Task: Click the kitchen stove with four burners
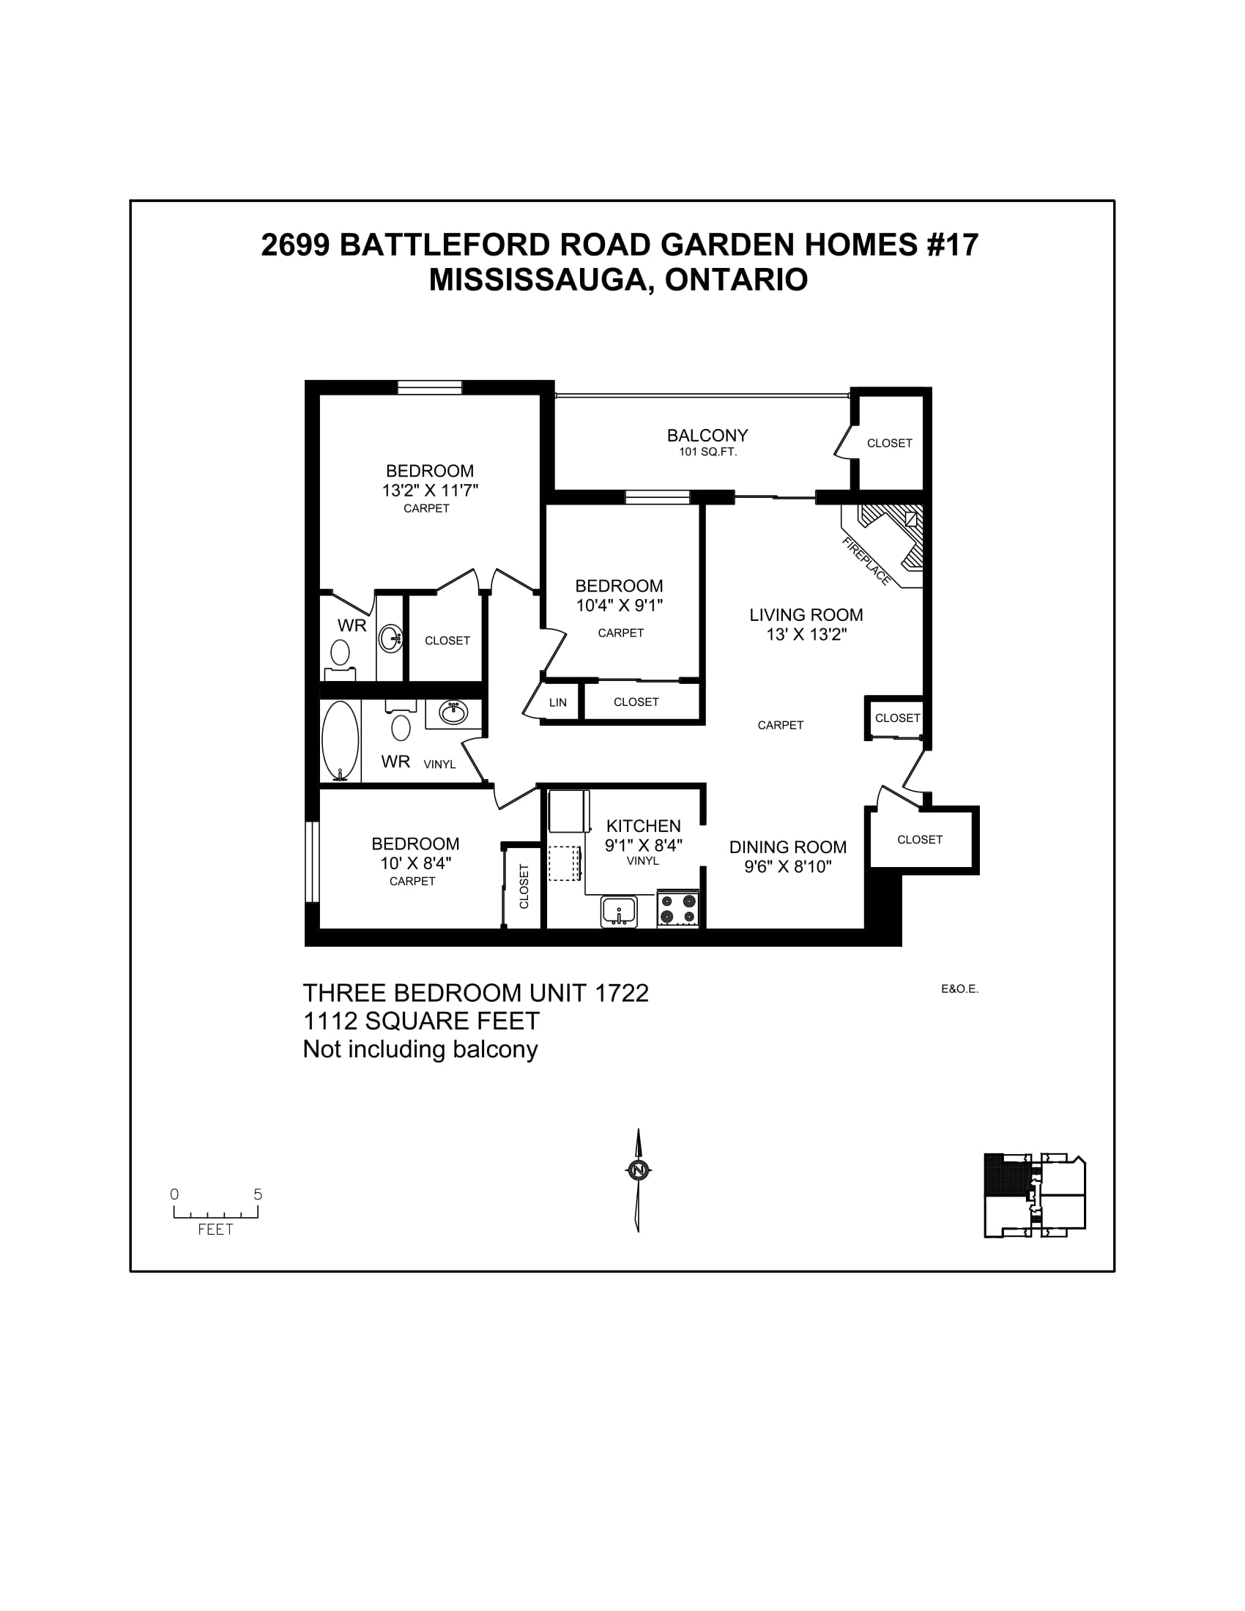[x=678, y=908]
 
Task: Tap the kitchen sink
[x=619, y=911]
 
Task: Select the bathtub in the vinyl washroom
[x=340, y=740]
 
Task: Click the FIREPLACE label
[x=866, y=562]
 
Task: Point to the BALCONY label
[x=707, y=435]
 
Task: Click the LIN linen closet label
[x=557, y=702]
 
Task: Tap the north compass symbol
[x=639, y=1170]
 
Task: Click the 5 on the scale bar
[x=258, y=1194]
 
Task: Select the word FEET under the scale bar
[x=215, y=1229]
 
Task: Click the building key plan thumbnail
[x=1034, y=1195]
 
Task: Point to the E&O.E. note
[x=959, y=989]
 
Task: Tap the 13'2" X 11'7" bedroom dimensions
[x=430, y=491]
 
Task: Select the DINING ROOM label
[x=788, y=847]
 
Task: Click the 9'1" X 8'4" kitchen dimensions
[x=643, y=845]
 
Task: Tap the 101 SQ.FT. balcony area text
[x=707, y=452]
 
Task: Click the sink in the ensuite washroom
[x=390, y=637]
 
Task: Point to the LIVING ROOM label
[x=806, y=614]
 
